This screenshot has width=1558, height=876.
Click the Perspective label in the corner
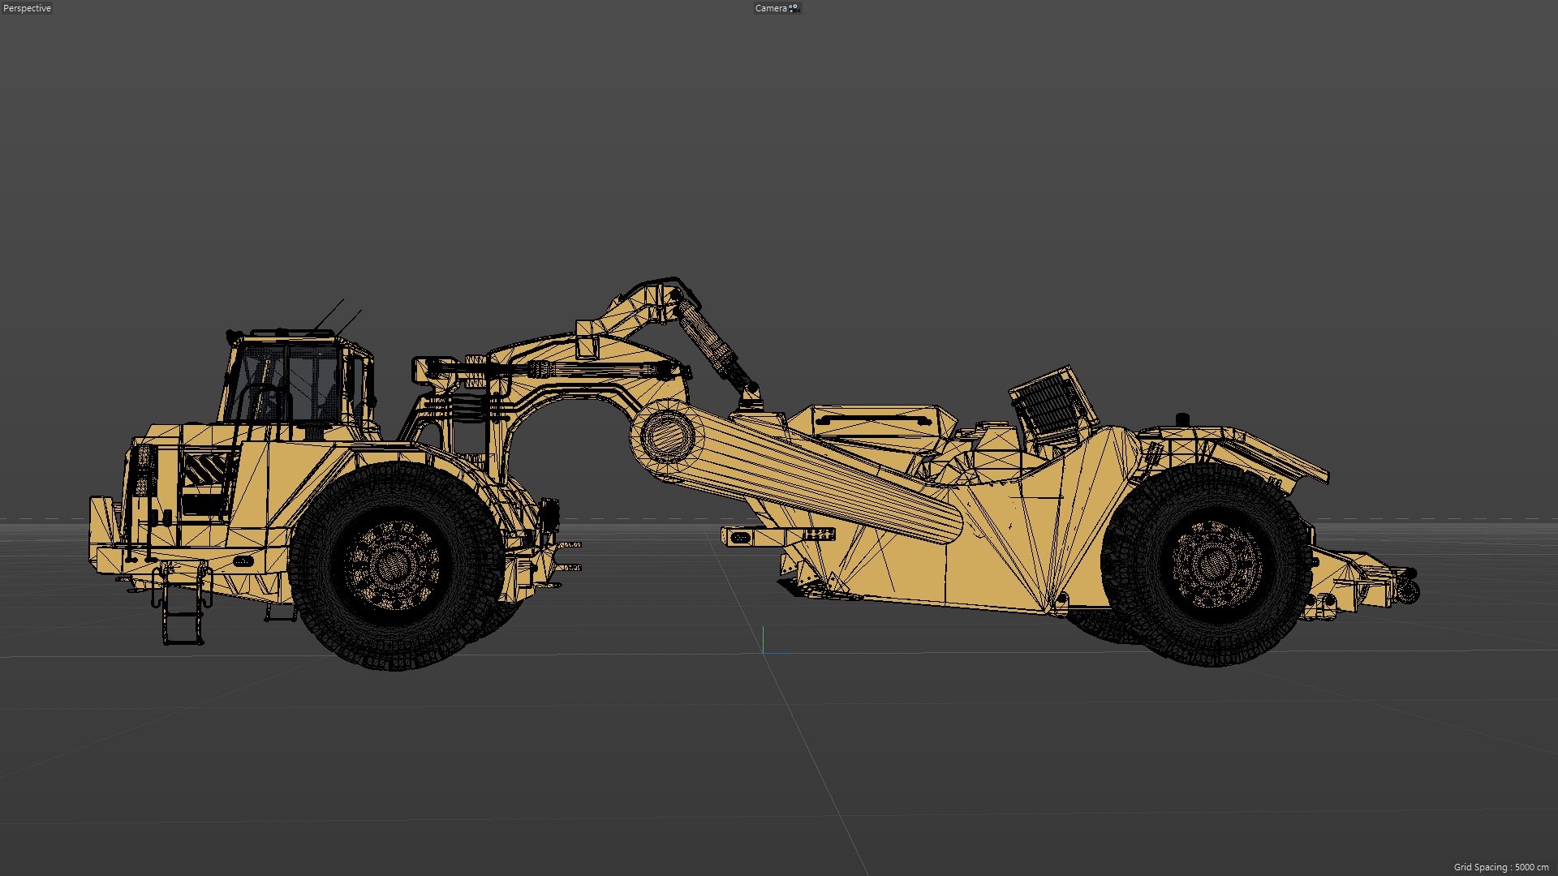tap(27, 8)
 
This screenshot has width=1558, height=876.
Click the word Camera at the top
tap(770, 8)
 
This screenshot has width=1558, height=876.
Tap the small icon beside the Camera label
tap(794, 8)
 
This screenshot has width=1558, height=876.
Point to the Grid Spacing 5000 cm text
tap(1500, 867)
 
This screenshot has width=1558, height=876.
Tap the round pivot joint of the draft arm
tap(667, 436)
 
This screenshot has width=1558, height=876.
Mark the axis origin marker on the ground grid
tap(764, 641)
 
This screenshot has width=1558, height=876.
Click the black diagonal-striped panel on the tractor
tap(204, 470)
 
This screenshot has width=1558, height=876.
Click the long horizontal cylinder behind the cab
tap(560, 371)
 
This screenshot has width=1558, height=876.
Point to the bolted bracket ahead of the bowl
tap(779, 535)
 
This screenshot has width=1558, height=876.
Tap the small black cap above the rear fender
tap(1182, 419)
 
